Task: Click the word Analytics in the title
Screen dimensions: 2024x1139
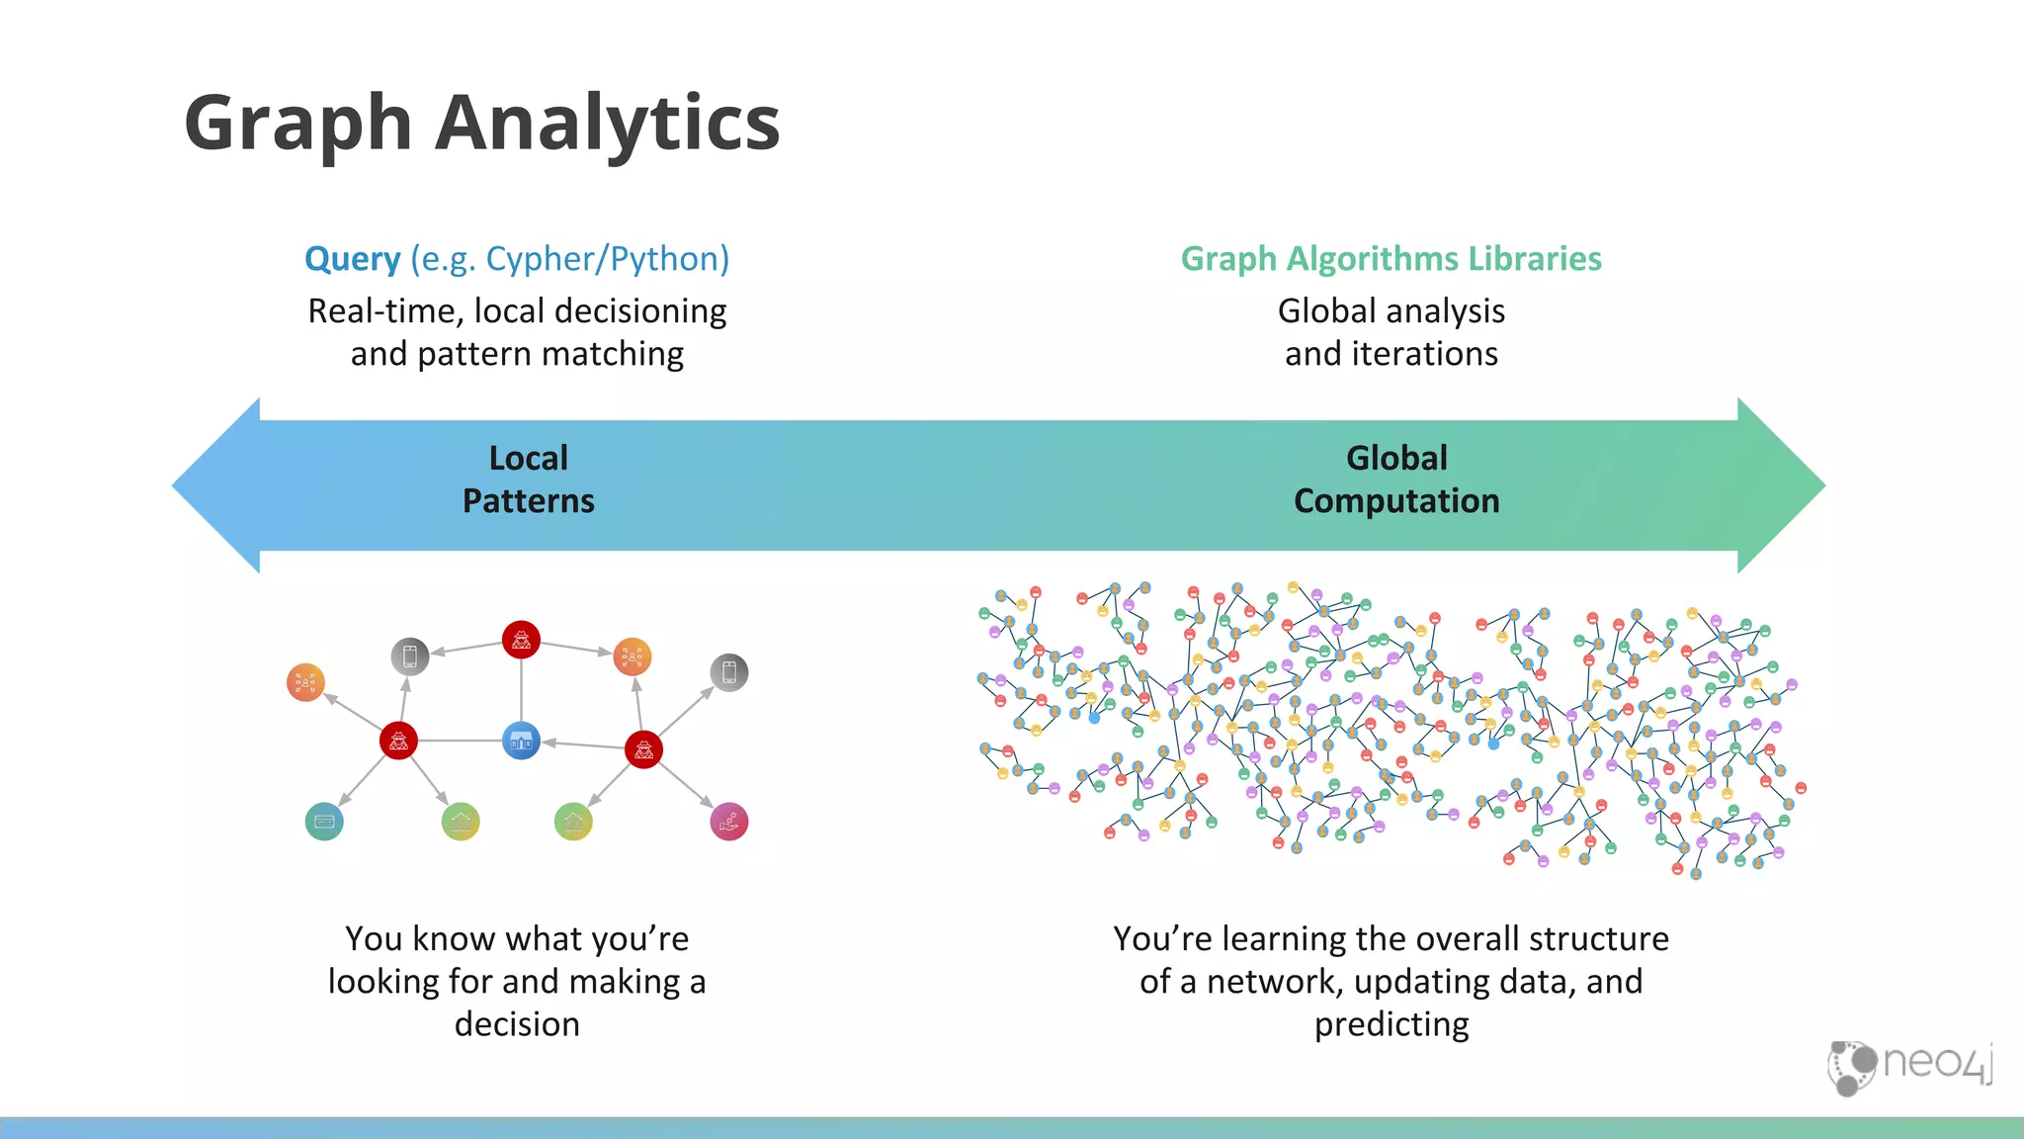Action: (x=608, y=124)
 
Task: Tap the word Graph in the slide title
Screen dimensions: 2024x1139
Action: (x=297, y=124)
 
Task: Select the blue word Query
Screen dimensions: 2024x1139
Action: (x=352, y=259)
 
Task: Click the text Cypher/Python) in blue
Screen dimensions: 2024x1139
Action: (x=607, y=259)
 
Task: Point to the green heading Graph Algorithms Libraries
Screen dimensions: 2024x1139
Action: (x=1391, y=259)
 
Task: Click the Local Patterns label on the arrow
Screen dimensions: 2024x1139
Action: (x=529, y=480)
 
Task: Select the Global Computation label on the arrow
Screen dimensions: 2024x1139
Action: (x=1396, y=480)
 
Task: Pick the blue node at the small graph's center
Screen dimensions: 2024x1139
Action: (x=521, y=741)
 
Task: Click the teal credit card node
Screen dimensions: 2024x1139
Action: (x=324, y=821)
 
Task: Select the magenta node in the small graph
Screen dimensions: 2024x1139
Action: (x=729, y=822)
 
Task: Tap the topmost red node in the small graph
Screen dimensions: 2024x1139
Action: (x=521, y=640)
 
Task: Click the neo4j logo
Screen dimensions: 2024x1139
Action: (x=1909, y=1066)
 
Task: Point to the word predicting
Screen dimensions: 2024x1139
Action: (x=1391, y=1024)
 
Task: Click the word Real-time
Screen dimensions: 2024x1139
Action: (x=384, y=311)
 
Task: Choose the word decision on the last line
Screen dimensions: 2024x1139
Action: (x=517, y=1024)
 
